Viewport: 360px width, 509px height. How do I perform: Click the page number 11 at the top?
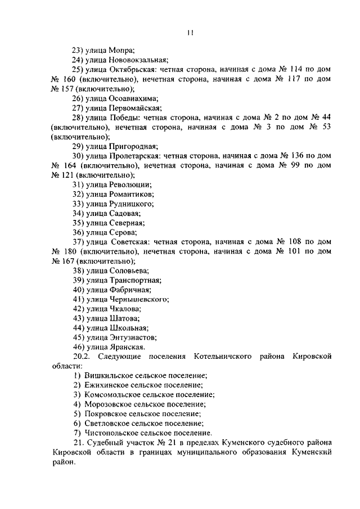point(191,33)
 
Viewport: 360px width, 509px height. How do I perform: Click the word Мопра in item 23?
point(121,49)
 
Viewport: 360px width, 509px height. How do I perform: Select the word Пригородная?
point(133,147)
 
